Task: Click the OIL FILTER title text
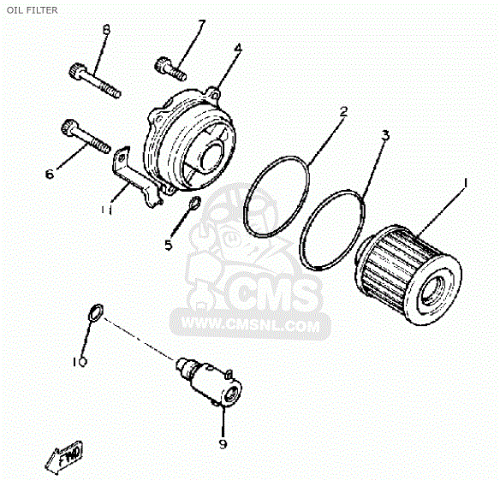[x=33, y=10]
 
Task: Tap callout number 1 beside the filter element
[x=465, y=183]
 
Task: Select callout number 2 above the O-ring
[x=343, y=111]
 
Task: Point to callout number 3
[x=385, y=135]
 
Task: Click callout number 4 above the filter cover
[x=238, y=49]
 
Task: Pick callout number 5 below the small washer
[x=169, y=245]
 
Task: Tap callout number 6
[x=50, y=174]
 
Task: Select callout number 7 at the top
[x=201, y=24]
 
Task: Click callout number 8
[x=106, y=30]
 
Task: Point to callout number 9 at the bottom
[x=223, y=444]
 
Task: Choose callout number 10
[x=80, y=362]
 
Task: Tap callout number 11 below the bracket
[x=106, y=210]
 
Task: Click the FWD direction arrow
[x=63, y=457]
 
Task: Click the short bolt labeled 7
[x=170, y=68]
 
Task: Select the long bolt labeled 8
[x=95, y=80]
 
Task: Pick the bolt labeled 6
[x=86, y=136]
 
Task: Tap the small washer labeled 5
[x=193, y=202]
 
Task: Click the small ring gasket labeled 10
[x=95, y=312]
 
